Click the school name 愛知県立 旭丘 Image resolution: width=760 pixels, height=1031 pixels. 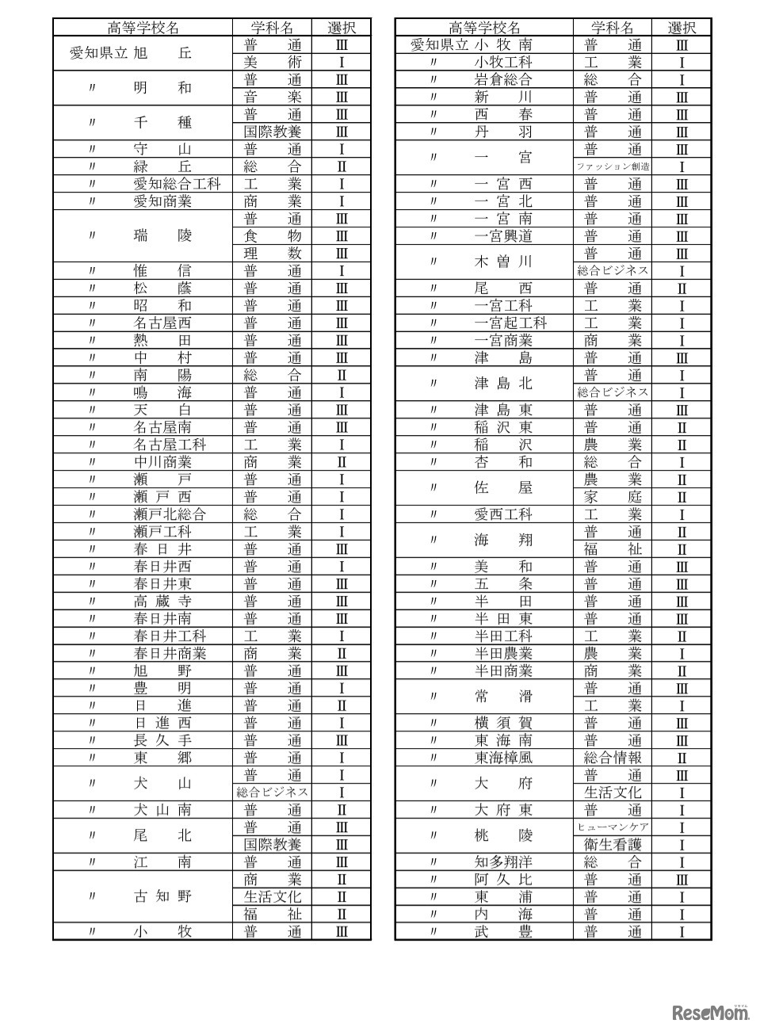pyautogui.click(x=132, y=53)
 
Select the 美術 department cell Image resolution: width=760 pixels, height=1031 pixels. pyautogui.click(x=272, y=62)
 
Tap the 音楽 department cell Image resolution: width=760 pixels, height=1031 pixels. pyautogui.click(x=272, y=97)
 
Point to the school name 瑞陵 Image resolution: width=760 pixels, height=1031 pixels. pyautogui.click(x=162, y=235)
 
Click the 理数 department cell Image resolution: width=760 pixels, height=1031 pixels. pyautogui.click(x=272, y=254)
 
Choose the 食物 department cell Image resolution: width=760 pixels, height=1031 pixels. pyautogui.click(x=272, y=236)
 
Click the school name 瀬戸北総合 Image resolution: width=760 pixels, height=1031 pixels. pyautogui.click(x=170, y=514)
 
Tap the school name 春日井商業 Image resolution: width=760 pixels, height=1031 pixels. pyautogui.click(x=170, y=654)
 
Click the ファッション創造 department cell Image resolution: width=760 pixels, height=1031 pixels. pyautogui.click(x=613, y=166)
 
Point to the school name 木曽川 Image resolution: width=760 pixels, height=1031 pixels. pyautogui.click(x=503, y=262)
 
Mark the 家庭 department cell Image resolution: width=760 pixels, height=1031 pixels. pyautogui.click(x=613, y=497)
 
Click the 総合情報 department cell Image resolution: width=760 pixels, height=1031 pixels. pyautogui.click(x=613, y=758)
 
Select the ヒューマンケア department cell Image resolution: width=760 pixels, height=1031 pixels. pyautogui.click(x=613, y=827)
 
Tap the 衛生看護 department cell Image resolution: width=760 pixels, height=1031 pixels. pyautogui.click(x=613, y=845)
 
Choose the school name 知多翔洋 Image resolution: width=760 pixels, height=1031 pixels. pyautogui.click(x=503, y=862)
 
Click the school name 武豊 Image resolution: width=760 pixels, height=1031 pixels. pyautogui.click(x=503, y=932)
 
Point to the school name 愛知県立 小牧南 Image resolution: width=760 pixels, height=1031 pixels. pyautogui.click(x=472, y=45)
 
